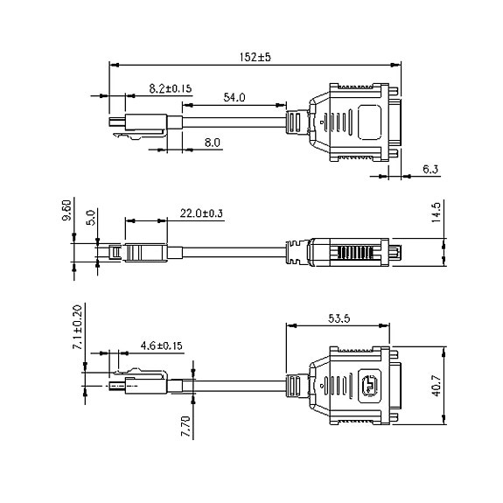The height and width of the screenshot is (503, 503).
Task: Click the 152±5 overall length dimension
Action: pyautogui.click(x=255, y=57)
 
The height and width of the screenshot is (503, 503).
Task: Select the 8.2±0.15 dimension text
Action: pyautogui.click(x=171, y=88)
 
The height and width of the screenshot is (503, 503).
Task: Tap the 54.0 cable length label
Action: pyautogui.click(x=234, y=97)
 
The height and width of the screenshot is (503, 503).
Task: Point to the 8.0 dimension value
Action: pyautogui.click(x=213, y=143)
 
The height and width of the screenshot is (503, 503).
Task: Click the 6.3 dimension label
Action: pyautogui.click(x=430, y=169)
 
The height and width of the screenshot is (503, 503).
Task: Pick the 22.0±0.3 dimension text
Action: pyautogui.click(x=201, y=213)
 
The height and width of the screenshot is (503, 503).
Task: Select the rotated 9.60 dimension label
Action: pyautogui.click(x=66, y=210)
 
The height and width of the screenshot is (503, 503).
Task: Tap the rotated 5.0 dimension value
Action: pyautogui.click(x=91, y=218)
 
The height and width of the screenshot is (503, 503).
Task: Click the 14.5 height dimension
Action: pyautogui.click(x=437, y=212)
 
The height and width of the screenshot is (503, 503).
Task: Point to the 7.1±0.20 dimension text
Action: pyautogui.click(x=78, y=327)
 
